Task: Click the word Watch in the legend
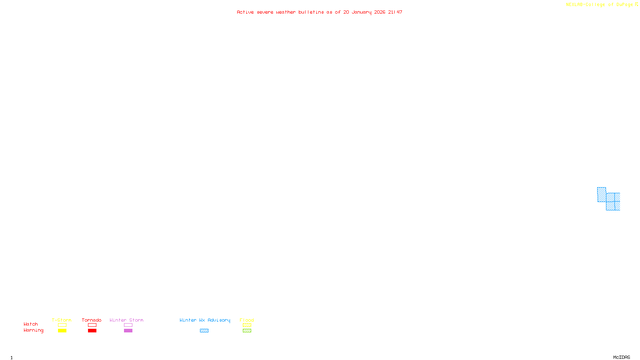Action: [x=31, y=324]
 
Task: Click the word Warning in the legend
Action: [x=33, y=330]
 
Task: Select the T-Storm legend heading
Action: [x=62, y=320]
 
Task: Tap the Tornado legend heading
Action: [x=92, y=320]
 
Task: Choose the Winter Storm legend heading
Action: [x=126, y=320]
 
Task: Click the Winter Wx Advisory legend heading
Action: [x=205, y=320]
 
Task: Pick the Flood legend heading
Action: [x=247, y=320]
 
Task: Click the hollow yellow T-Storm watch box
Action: [x=62, y=325]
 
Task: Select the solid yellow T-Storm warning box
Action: [x=62, y=331]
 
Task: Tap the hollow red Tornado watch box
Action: [x=92, y=325]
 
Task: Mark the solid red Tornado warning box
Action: [x=92, y=331]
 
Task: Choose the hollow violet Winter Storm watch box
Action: [x=128, y=325]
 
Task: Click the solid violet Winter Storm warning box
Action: [x=128, y=331]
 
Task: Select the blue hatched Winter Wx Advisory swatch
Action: [x=204, y=331]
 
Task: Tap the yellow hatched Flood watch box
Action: [x=247, y=325]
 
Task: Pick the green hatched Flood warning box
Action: [x=247, y=331]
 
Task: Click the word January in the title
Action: [x=362, y=12]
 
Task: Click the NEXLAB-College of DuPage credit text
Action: [x=600, y=5]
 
